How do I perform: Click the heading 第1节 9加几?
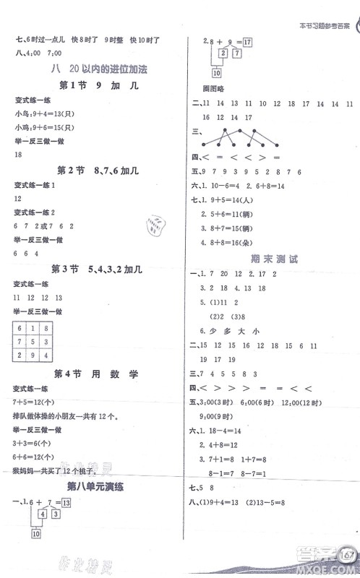[95, 87]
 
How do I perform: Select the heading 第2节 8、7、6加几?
[95, 171]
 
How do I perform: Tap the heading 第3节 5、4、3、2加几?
[95, 269]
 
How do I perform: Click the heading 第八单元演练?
[95, 486]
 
